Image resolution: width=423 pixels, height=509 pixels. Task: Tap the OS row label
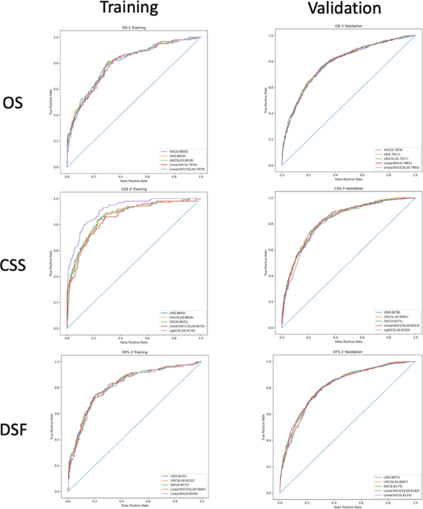click(14, 103)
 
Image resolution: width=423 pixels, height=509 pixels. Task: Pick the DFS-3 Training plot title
click(133, 353)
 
